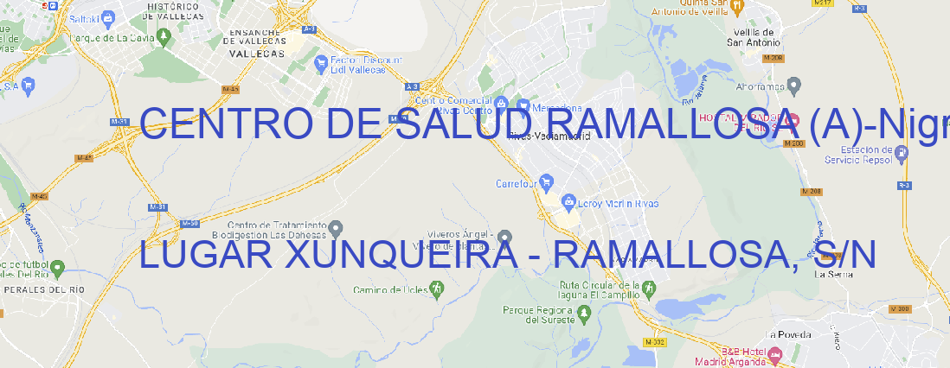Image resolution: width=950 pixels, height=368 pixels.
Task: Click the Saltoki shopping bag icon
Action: [107, 16]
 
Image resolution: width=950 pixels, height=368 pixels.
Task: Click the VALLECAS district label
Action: [257, 53]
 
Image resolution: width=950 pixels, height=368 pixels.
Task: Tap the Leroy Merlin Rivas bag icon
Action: [568, 202]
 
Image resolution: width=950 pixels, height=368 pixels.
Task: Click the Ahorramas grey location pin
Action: [794, 86]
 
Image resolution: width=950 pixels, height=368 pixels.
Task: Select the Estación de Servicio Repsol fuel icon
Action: [902, 153]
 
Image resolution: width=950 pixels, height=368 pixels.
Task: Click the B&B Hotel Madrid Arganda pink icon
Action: [775, 354]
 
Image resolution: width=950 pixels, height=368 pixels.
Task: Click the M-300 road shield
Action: [901, 308]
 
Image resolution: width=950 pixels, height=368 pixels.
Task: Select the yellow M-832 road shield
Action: [658, 342]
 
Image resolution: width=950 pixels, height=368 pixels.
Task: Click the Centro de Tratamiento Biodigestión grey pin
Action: [336, 229]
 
